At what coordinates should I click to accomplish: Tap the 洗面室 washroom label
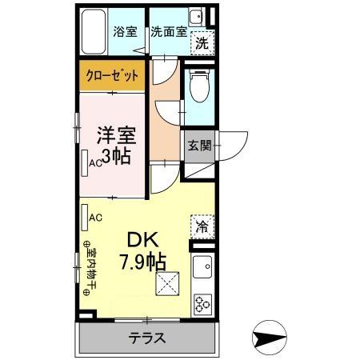tap(169, 33)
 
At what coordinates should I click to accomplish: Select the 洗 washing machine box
tap(203, 44)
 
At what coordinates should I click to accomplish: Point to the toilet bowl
tap(198, 89)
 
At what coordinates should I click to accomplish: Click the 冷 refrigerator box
tap(202, 226)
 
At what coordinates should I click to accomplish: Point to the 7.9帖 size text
tap(143, 261)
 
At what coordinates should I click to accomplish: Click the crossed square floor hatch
tap(168, 282)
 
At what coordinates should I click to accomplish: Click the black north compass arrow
tap(270, 337)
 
